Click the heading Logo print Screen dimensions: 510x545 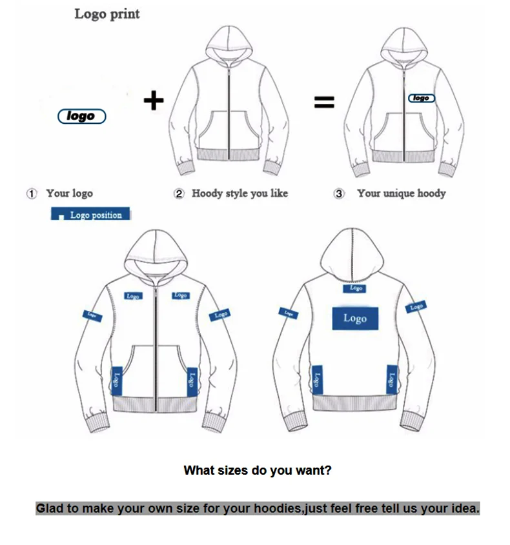107,14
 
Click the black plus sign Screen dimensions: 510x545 153,100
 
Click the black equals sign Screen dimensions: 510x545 324,101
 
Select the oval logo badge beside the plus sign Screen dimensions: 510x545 82,116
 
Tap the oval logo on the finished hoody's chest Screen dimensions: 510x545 421,98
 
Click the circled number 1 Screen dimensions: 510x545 31,193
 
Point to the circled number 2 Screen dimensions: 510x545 179,193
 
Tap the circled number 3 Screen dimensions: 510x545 340,193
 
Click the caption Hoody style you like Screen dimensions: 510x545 240,193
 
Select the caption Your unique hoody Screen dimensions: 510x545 401,193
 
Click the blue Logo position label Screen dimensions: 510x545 90,215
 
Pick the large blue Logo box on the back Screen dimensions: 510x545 354,318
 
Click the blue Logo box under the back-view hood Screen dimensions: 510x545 356,288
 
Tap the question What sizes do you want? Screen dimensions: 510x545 257,470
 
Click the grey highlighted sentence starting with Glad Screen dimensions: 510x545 257,508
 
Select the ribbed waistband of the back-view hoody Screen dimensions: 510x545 354,404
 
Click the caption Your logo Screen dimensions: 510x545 69,193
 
